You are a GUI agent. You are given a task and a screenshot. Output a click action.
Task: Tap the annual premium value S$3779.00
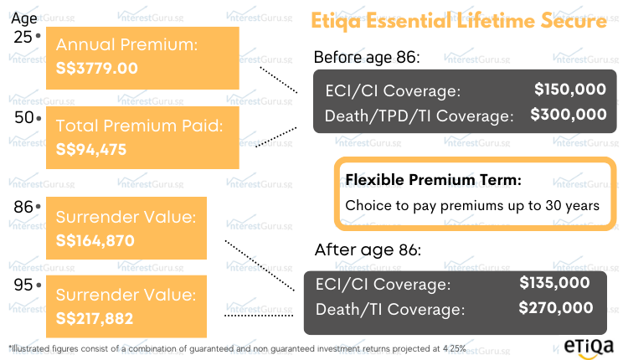pos(97,68)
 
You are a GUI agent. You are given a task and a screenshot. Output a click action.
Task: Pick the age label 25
pos(23,38)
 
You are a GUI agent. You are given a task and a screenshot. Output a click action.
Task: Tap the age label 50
pos(23,118)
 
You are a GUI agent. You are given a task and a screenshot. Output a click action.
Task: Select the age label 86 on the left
pos(23,205)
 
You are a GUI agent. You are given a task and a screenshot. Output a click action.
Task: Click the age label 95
pos(23,285)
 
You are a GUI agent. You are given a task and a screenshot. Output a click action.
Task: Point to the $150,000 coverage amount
pos(570,89)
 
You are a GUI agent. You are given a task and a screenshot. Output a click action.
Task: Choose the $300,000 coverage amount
pos(569,115)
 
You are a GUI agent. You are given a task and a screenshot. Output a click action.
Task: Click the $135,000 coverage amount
pos(554,283)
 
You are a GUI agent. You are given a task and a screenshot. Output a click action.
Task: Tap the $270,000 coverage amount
pos(555,308)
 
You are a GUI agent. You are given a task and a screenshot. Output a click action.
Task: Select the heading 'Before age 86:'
pos(366,57)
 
